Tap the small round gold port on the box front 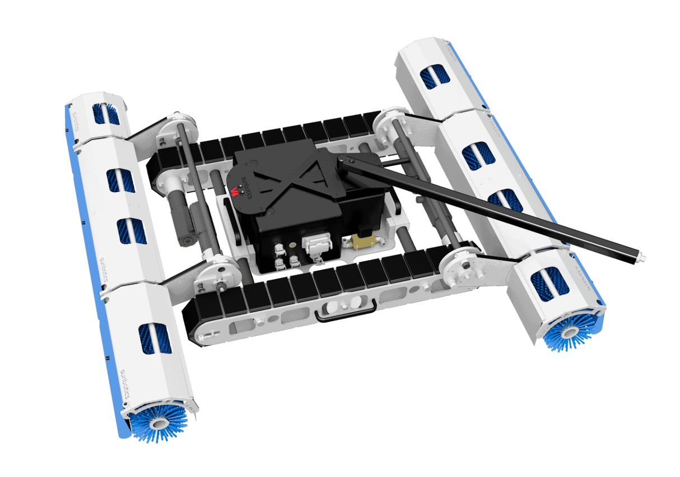tap(292, 246)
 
